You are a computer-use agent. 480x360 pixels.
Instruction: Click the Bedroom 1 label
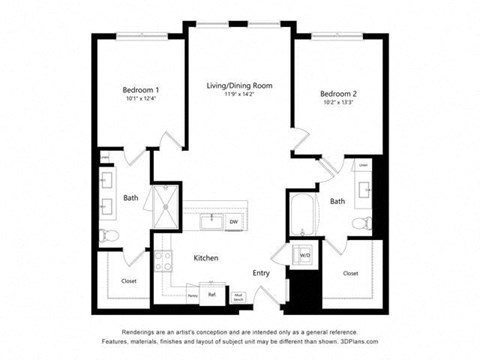click(141, 90)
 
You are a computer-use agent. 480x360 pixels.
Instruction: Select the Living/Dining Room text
click(240, 86)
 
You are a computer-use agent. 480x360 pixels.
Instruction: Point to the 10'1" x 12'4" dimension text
click(141, 99)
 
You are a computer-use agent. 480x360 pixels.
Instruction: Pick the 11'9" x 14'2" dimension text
click(240, 96)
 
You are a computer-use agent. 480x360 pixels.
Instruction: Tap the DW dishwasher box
click(233, 221)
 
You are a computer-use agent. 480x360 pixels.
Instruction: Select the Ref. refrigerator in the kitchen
click(212, 295)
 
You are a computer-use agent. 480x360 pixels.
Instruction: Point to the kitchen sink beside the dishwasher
click(211, 220)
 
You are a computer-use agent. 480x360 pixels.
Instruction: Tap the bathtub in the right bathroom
click(302, 213)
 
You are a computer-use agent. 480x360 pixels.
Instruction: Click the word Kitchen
click(206, 258)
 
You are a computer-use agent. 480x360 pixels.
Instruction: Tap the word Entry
click(261, 273)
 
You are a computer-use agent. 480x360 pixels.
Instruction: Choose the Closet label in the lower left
click(129, 282)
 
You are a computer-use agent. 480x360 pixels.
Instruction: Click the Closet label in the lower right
click(350, 273)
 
